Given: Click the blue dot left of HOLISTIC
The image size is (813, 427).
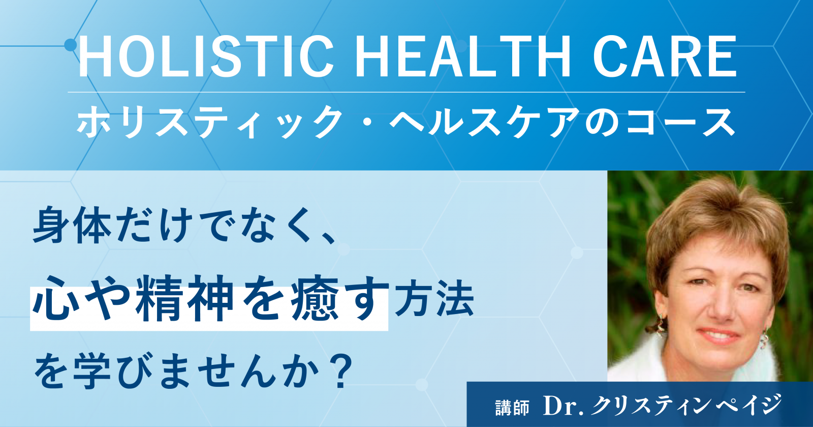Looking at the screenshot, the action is [71, 45].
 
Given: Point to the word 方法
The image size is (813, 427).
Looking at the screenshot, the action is [434, 301].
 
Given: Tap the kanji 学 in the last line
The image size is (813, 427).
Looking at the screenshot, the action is [91, 372].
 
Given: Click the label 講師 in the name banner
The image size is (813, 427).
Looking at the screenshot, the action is [512, 407].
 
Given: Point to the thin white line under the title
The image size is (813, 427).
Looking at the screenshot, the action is [407, 92].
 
